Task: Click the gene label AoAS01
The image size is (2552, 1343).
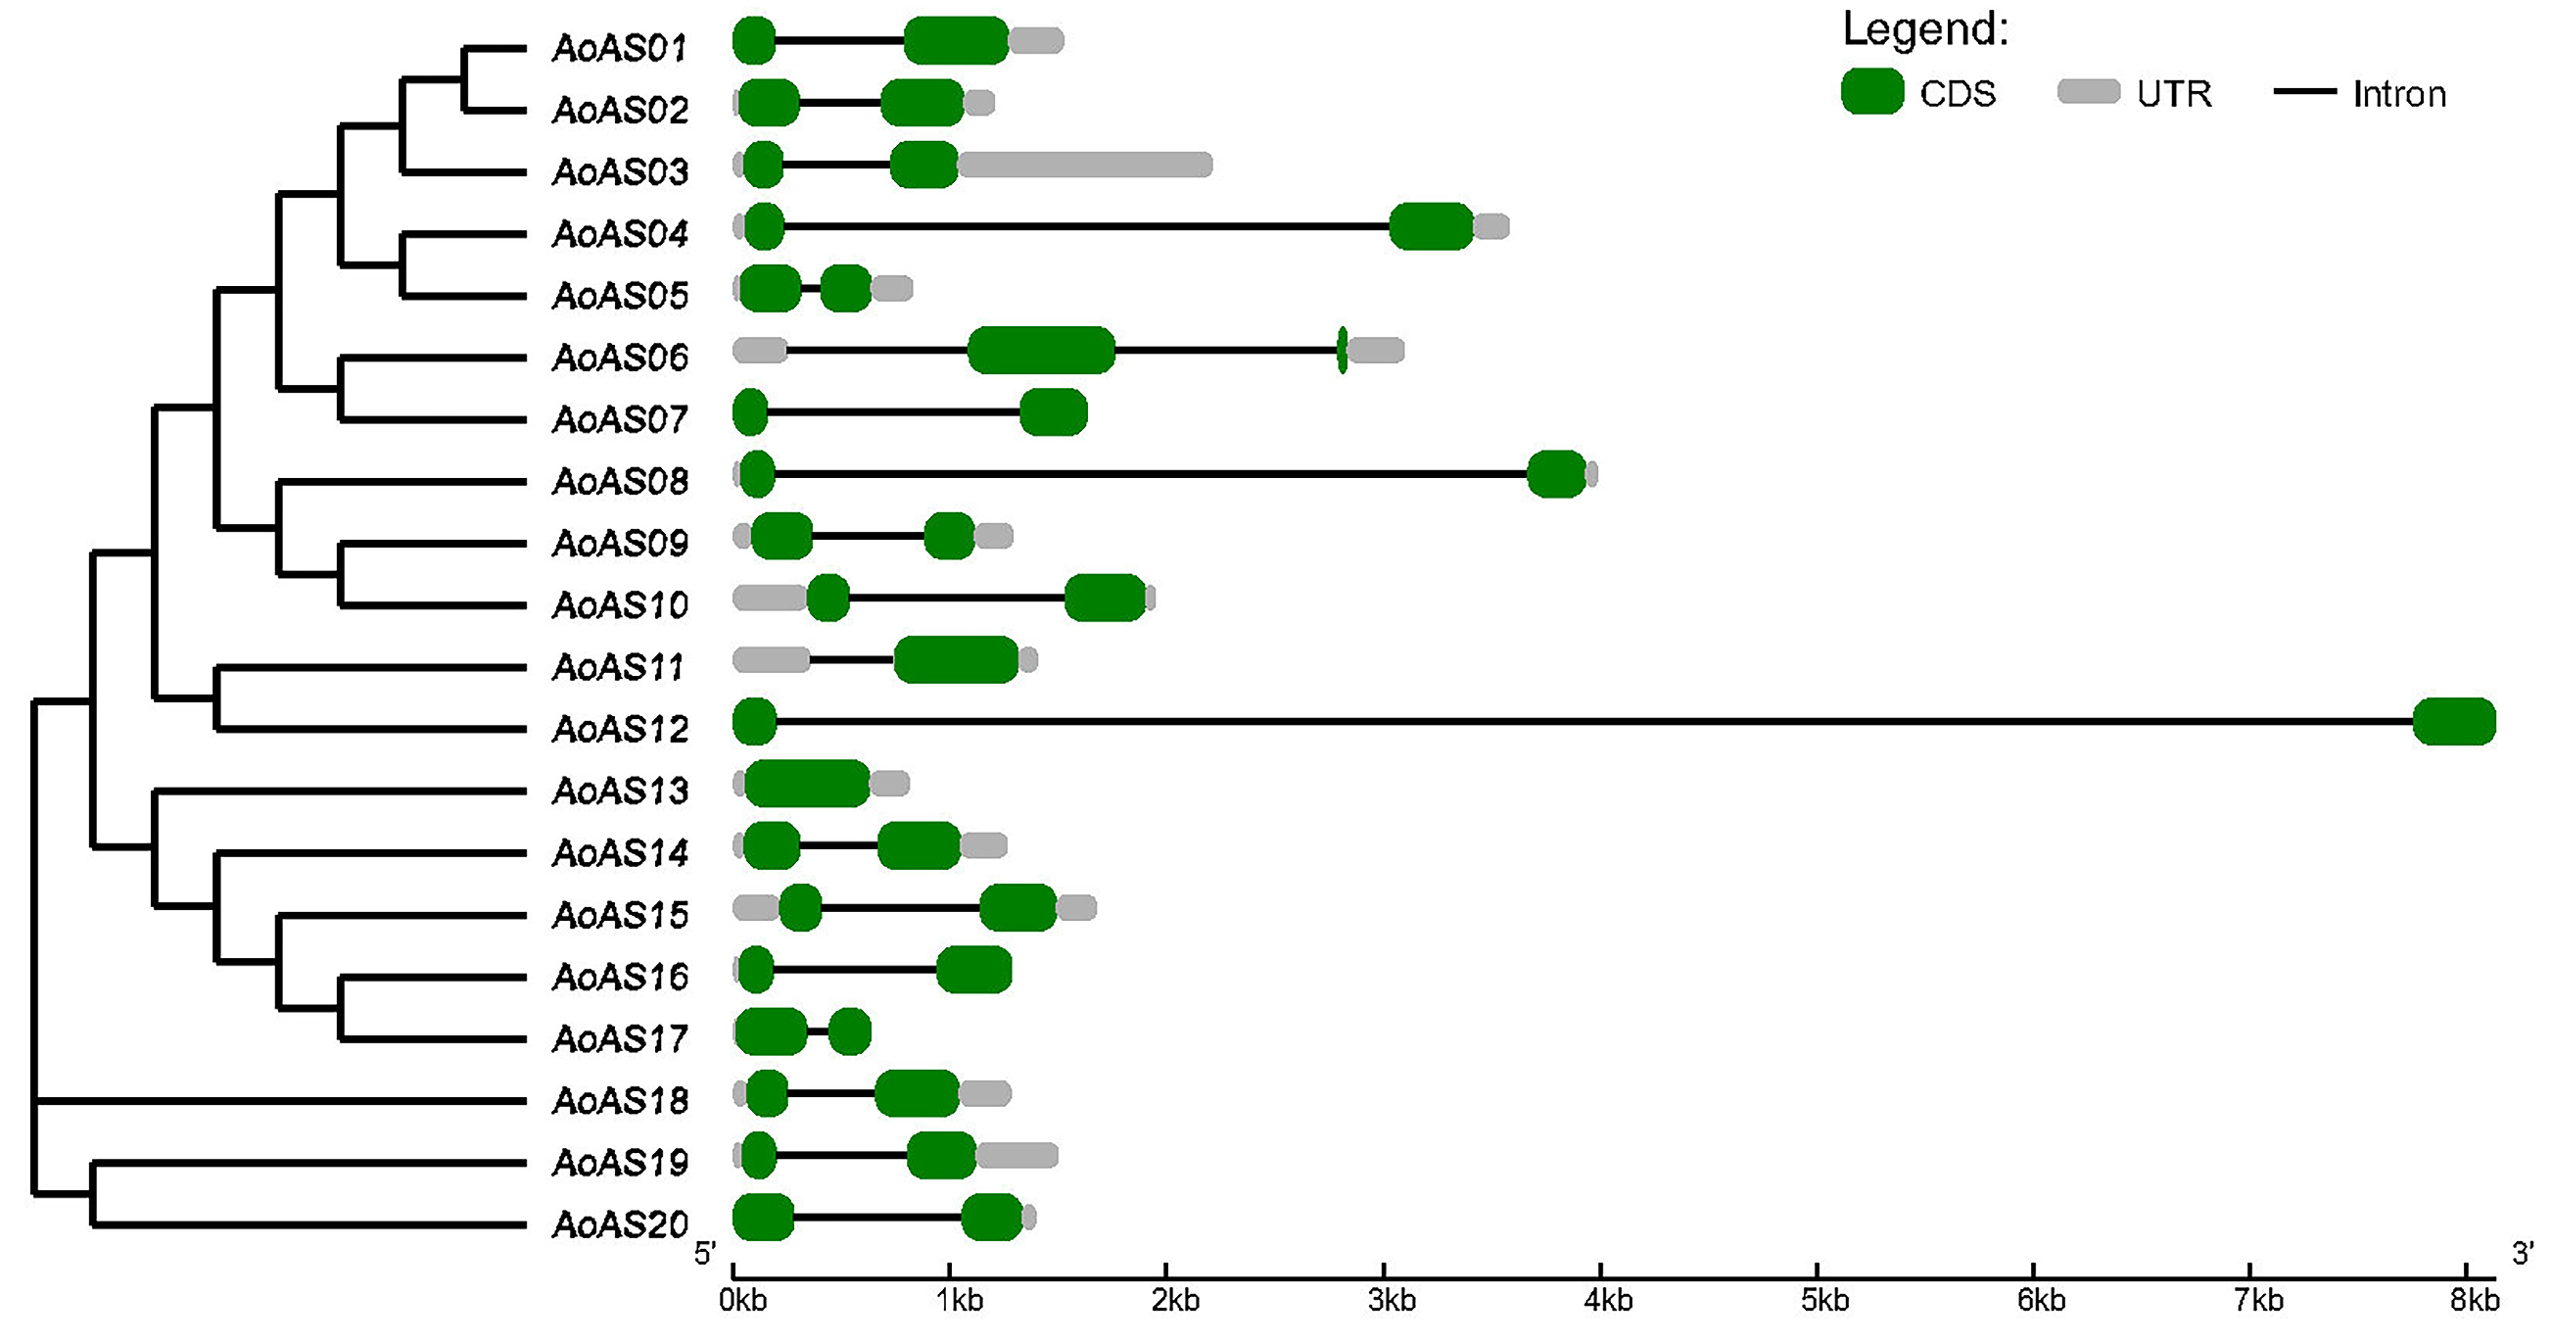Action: (619, 48)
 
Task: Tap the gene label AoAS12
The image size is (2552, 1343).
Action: (619, 730)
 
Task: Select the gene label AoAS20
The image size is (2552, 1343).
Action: (619, 1225)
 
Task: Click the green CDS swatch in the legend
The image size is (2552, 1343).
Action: (1871, 92)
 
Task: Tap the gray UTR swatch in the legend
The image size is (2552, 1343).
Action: (2089, 92)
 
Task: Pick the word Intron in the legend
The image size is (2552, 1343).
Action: (2398, 94)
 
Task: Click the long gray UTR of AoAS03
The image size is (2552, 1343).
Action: (1085, 165)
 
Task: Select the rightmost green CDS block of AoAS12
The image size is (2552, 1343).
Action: (2453, 722)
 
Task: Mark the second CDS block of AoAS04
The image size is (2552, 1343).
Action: (1431, 226)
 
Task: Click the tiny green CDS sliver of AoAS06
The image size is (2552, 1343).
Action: (1343, 350)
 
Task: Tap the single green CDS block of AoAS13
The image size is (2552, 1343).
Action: (807, 783)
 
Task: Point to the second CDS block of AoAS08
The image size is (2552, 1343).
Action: (1555, 474)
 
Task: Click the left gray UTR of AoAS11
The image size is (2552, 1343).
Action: (771, 659)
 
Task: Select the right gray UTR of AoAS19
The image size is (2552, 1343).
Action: (1016, 1155)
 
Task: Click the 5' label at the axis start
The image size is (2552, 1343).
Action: (704, 1254)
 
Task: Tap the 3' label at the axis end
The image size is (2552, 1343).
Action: (2524, 1254)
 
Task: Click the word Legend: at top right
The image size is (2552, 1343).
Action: (1925, 29)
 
